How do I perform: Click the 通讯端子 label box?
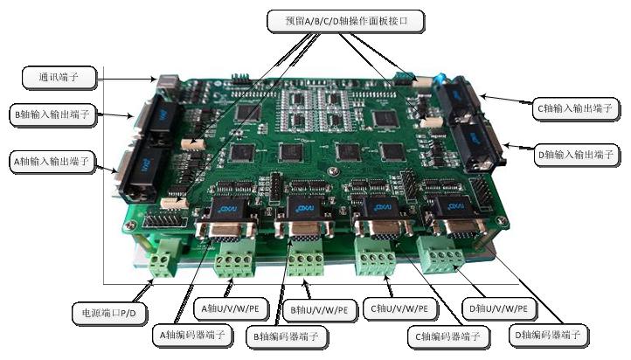pos(59,77)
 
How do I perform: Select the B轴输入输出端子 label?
pos(53,114)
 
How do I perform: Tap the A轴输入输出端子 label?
pos(52,162)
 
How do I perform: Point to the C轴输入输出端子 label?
pos(575,108)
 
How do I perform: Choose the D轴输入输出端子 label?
pos(576,155)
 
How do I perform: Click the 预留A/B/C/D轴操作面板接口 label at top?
pos(346,21)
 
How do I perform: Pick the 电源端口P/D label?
pos(109,313)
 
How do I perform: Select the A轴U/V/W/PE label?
pos(231,309)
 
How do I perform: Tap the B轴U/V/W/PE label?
pos(320,310)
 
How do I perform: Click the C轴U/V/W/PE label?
pos(400,309)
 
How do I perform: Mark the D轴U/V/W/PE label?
pos(499,309)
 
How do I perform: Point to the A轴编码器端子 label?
pos(193,335)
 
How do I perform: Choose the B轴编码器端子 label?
pos(287,336)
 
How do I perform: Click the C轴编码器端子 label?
pos(448,336)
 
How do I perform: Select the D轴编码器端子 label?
pos(549,335)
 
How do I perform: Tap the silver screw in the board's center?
pos(333,171)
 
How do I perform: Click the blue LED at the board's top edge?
pos(441,77)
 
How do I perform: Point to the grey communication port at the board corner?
pos(168,83)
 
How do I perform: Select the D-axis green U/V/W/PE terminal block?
pos(441,254)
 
